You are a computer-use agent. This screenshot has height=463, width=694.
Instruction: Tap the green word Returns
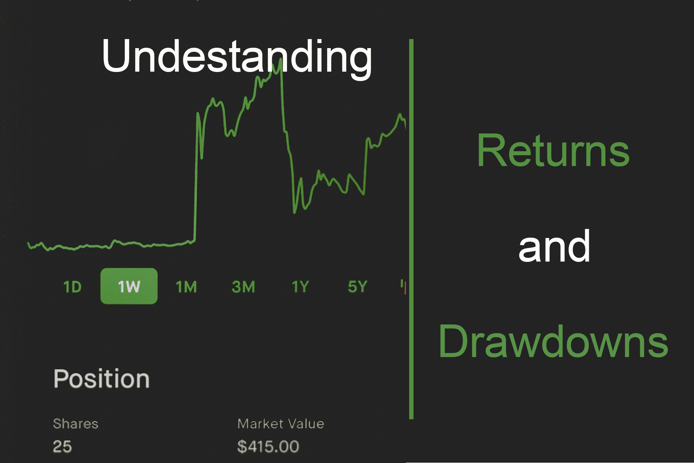(553, 151)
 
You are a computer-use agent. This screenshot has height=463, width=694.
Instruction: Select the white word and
(554, 247)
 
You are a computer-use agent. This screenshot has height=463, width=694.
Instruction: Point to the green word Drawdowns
(553, 342)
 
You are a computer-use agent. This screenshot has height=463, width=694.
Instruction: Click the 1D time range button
(72, 287)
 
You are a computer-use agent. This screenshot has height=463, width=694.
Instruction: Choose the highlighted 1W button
(129, 286)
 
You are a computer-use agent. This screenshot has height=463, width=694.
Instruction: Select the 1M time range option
(186, 287)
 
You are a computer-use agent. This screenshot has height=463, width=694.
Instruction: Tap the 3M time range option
(243, 287)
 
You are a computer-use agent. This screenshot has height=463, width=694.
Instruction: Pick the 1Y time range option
(300, 287)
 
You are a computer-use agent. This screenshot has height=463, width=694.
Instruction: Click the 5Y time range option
(357, 287)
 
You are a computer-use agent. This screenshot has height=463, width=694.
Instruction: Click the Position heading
(102, 379)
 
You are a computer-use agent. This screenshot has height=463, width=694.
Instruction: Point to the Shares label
(76, 424)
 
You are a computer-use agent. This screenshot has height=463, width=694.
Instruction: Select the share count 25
(62, 446)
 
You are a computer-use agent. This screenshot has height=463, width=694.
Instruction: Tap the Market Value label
(280, 424)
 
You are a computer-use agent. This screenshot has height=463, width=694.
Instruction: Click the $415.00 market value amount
(268, 446)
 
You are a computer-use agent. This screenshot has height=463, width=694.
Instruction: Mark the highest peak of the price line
(280, 60)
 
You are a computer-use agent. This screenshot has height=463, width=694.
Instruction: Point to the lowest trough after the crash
(294, 212)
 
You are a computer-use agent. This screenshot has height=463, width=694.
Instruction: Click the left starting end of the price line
(29, 243)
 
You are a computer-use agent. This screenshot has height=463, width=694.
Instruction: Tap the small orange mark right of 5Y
(405, 288)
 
